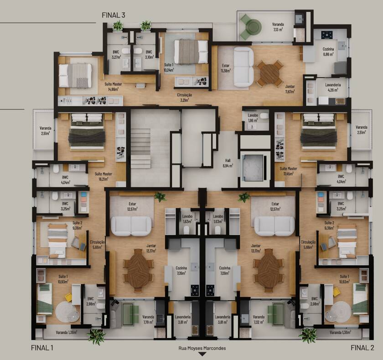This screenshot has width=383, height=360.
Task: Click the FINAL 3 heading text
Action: tap(114, 15)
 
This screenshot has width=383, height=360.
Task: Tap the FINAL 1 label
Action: tap(42, 348)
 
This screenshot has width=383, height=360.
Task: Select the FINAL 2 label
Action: tap(362, 348)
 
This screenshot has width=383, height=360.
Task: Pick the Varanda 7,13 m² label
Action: tap(278, 26)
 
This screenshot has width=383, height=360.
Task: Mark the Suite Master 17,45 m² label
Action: tap(288, 171)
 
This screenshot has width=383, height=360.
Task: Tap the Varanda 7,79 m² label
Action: tap(148, 319)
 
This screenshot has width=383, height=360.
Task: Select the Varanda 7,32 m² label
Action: tap(259, 319)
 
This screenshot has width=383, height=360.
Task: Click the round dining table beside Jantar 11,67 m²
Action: tap(270, 73)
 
